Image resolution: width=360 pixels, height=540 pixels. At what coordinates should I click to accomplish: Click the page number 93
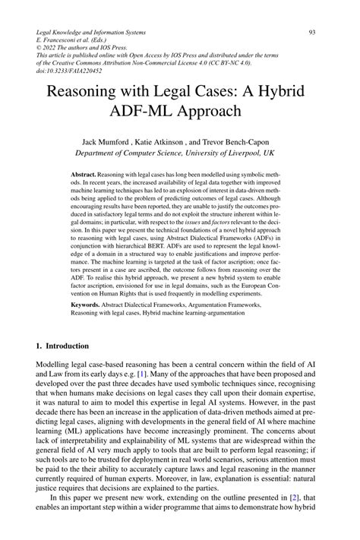312,33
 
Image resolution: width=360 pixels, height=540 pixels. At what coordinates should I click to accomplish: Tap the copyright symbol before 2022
40,51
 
